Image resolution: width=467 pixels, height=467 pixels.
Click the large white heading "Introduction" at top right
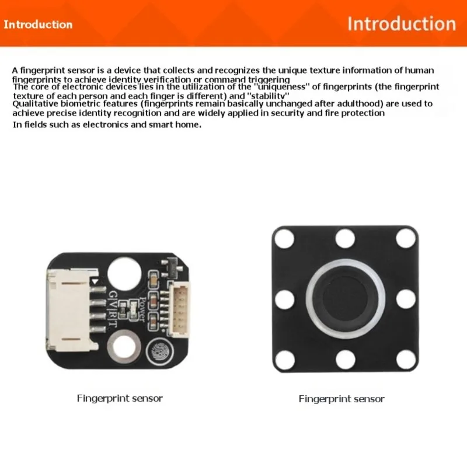tap(401, 24)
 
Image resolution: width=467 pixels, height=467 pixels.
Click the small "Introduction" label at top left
tap(38, 25)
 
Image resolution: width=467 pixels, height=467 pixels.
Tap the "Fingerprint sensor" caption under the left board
tap(120, 398)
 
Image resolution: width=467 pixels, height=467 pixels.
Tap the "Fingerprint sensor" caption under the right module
tap(341, 399)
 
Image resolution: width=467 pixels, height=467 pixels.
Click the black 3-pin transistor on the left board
tap(173, 266)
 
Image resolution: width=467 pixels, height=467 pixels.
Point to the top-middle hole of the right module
tap(345, 238)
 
